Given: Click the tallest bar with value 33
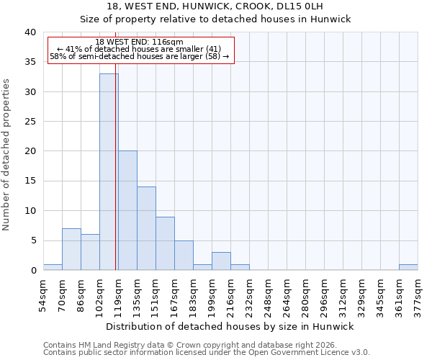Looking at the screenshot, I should [109, 171].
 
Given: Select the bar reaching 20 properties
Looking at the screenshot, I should [127, 210].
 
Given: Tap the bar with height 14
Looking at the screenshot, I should [146, 228].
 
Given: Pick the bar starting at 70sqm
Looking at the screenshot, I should [71, 249].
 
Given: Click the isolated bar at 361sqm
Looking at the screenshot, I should [408, 267].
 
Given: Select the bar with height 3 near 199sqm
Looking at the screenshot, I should [221, 261].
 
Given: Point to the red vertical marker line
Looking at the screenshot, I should [116, 180].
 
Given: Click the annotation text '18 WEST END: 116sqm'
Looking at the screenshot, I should [139, 42].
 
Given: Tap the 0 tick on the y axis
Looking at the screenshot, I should [32, 270].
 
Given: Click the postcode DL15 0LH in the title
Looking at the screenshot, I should [303, 6].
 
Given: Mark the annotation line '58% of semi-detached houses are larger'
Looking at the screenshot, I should [139, 56].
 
